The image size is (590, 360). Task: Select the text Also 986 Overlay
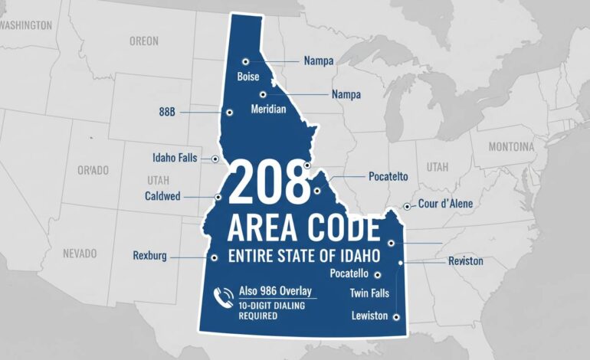275,291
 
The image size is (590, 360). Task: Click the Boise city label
248,77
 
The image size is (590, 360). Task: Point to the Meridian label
268,110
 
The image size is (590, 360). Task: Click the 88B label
167,112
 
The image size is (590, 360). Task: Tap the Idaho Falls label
175,158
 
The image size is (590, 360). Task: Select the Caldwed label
162,197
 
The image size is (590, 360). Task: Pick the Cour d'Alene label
445,204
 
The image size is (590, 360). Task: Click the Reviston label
465,261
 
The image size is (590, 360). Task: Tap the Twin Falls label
370,293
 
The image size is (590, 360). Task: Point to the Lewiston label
369,316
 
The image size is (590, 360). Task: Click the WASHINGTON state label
27,25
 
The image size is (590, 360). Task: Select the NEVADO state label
80,253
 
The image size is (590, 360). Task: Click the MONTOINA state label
511,146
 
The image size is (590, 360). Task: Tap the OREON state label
144,41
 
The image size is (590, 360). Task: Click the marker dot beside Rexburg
215,257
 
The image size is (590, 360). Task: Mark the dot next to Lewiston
395,316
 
